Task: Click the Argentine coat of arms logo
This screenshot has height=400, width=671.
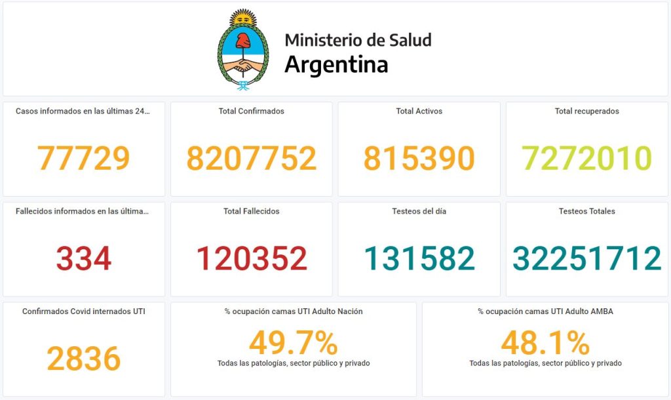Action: click(243, 50)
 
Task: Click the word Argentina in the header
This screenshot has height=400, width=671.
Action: click(336, 65)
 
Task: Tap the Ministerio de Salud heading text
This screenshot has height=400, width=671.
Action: click(358, 40)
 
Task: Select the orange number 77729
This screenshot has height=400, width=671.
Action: click(83, 158)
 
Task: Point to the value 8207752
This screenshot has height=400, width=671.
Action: click(252, 158)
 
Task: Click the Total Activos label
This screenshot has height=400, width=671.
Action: click(419, 111)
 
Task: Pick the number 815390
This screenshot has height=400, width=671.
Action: click(419, 158)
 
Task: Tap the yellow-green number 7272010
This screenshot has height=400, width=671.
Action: click(587, 158)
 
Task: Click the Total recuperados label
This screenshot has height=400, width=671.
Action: click(587, 111)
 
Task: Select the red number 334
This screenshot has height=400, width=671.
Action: click(83, 258)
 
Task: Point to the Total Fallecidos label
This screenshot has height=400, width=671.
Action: click(252, 211)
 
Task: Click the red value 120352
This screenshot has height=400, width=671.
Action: click(252, 258)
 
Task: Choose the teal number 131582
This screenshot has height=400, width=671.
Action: click(419, 258)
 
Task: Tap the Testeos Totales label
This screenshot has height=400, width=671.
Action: click(587, 211)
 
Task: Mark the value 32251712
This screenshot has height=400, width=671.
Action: click(587, 258)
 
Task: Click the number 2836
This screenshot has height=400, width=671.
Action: click(83, 359)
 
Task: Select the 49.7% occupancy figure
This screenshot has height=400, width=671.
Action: click(293, 342)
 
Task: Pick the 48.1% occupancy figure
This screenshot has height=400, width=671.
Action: click(545, 342)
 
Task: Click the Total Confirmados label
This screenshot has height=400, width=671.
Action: click(252, 111)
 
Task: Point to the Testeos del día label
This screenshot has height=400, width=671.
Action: click(419, 211)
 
